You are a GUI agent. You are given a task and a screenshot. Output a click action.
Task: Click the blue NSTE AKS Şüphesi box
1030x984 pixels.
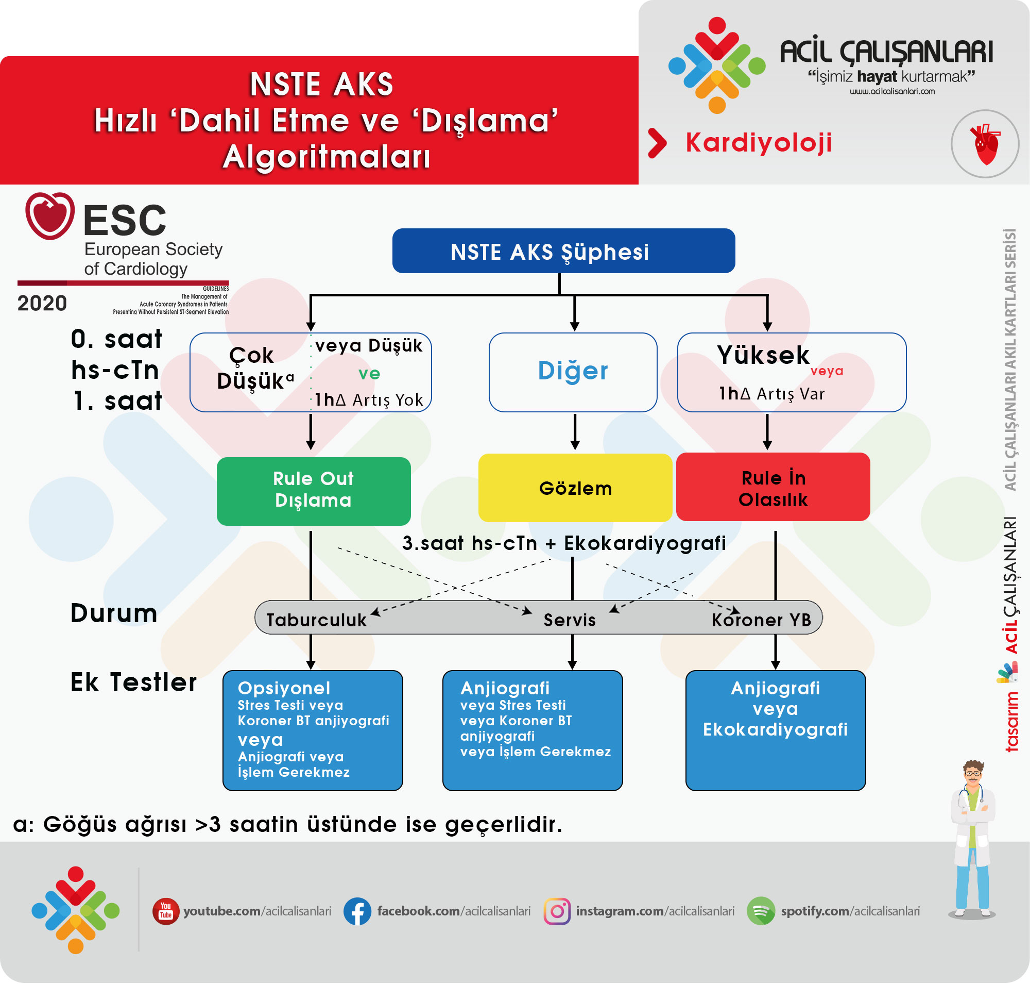click(563, 251)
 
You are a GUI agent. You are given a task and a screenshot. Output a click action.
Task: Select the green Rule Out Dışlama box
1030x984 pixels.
click(314, 491)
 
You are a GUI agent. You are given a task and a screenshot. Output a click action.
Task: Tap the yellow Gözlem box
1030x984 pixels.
click(575, 488)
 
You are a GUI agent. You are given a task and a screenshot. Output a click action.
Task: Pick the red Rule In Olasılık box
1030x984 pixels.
click(772, 487)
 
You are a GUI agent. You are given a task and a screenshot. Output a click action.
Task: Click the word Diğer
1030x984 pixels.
click(572, 371)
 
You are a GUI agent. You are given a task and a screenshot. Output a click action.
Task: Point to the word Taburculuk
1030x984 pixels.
click(316, 620)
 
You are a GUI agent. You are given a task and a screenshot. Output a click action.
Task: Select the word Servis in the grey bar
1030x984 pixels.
click(569, 620)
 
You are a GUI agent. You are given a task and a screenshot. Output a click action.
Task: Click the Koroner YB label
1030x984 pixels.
click(761, 620)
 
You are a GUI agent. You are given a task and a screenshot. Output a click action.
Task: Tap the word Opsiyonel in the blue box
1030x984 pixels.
click(284, 688)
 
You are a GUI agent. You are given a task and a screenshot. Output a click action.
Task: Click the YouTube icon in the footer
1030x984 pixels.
click(166, 911)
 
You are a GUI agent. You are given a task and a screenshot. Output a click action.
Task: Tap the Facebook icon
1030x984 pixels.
click(357, 911)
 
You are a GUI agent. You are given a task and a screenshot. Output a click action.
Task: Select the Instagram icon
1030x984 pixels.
click(557, 911)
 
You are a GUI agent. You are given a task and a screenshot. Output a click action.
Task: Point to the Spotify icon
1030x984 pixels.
click(761, 911)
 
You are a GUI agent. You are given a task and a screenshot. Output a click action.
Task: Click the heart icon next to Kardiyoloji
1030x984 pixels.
click(985, 144)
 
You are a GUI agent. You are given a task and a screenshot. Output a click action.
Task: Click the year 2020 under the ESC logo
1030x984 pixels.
click(42, 303)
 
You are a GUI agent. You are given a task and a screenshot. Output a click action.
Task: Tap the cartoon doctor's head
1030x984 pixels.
click(973, 774)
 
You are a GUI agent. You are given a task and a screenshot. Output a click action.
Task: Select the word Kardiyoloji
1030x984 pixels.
click(759, 143)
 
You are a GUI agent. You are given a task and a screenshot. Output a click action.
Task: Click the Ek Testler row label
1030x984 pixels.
click(133, 682)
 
